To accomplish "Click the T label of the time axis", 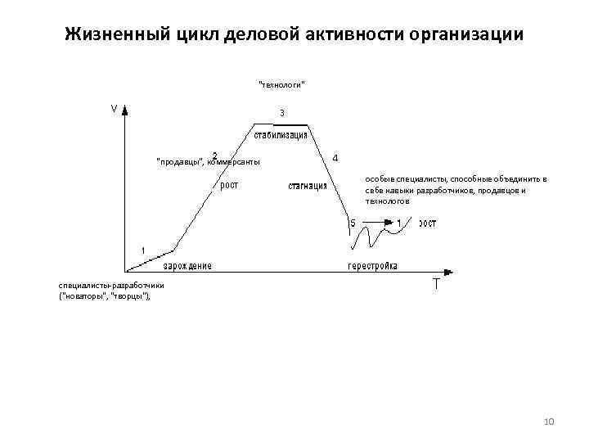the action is [x=435, y=285].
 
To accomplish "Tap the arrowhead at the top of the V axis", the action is [x=124, y=112].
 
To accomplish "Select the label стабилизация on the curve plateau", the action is [x=281, y=134].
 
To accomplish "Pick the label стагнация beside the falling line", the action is [x=307, y=186].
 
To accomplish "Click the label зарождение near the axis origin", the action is [x=187, y=265].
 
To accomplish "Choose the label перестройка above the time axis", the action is [x=373, y=265].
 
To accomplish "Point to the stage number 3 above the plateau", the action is [x=281, y=112].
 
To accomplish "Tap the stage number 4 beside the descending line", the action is [x=336, y=157].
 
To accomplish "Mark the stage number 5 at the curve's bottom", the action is [x=353, y=223].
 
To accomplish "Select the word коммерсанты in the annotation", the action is [x=235, y=161].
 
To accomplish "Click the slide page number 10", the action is [x=549, y=421].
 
